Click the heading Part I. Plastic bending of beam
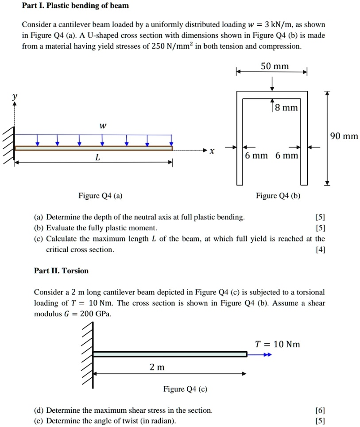pyautogui.click(x=75, y=6)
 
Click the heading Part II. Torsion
pyautogui.click(x=61, y=271)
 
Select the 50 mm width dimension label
pyautogui.click(x=275, y=66)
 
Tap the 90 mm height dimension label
pyautogui.click(x=344, y=136)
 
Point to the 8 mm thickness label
pyautogui.click(x=286, y=108)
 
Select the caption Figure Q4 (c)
pyautogui.click(x=185, y=389)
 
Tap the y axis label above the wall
pyautogui.click(x=15, y=96)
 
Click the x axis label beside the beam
pyautogui.click(x=212, y=151)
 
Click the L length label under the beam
pyautogui.click(x=97, y=158)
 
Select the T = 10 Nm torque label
pyautogui.click(x=277, y=344)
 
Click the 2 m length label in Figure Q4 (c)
pyautogui.click(x=157, y=367)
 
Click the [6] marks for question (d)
pyautogui.click(x=320, y=411)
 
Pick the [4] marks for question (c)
pyautogui.click(x=320, y=250)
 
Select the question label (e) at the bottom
pyautogui.click(x=39, y=421)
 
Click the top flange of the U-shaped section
pyautogui.click(x=272, y=93)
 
